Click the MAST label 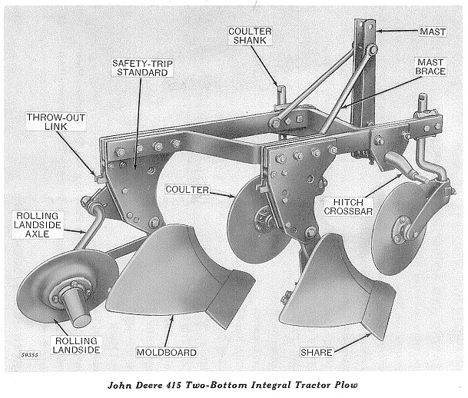pyautogui.click(x=432, y=32)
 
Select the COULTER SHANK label pyautogui.click(x=251, y=36)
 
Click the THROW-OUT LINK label pyautogui.click(x=51, y=124)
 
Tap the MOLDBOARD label pyautogui.click(x=166, y=353)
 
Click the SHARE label pyautogui.click(x=317, y=353)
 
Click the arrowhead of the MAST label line pyautogui.click(x=378, y=32)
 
